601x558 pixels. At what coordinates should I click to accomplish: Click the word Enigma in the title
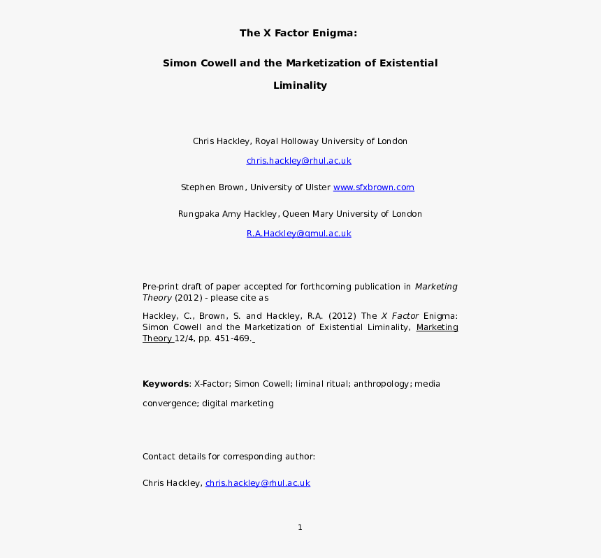[335, 33]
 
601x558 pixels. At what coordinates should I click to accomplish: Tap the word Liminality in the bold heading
[300, 86]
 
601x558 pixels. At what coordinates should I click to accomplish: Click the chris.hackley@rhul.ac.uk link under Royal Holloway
[298, 161]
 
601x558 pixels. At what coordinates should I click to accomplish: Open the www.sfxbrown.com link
[374, 187]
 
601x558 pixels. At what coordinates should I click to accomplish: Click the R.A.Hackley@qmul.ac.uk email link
[298, 234]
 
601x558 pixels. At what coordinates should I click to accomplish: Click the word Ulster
[316, 187]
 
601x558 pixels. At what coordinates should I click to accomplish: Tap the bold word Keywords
[166, 384]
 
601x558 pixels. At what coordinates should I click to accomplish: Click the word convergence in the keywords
[169, 403]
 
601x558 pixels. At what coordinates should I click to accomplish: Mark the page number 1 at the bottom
[300, 528]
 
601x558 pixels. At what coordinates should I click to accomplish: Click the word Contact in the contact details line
[158, 457]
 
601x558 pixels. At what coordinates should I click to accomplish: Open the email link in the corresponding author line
[257, 483]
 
